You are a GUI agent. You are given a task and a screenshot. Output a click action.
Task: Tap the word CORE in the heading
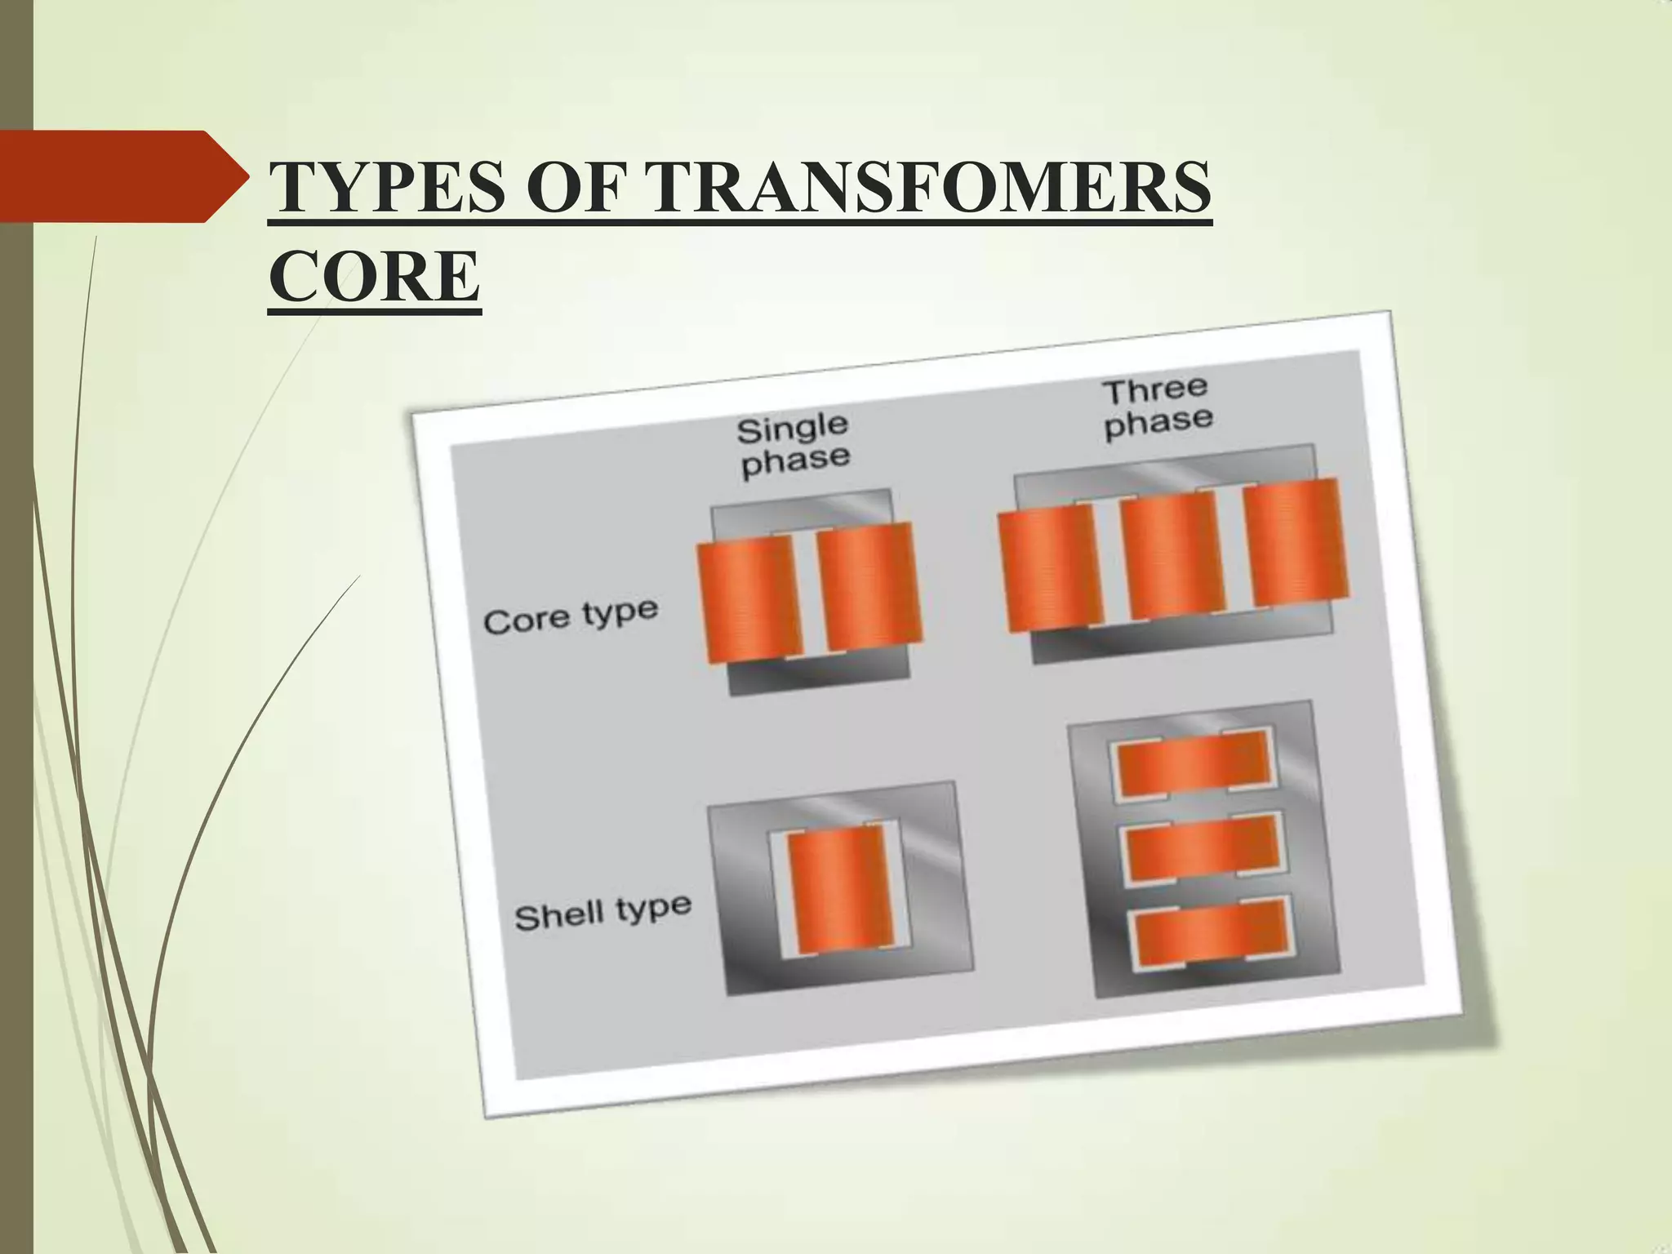tap(374, 277)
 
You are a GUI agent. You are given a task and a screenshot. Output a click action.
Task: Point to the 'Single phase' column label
tap(794, 445)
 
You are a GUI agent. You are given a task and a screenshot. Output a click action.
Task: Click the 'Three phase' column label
tap(1157, 408)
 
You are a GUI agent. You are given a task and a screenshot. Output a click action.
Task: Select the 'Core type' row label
tap(571, 616)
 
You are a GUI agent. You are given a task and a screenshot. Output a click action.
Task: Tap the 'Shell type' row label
tap(603, 912)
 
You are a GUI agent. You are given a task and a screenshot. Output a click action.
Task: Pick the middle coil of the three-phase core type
tap(1172, 558)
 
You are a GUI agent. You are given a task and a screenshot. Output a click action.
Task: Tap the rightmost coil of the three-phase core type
tap(1295, 544)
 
